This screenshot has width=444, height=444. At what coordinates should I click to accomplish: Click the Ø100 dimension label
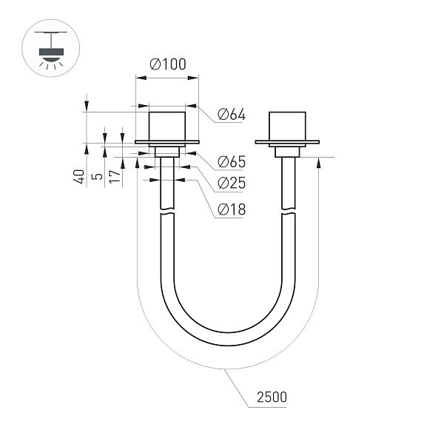pyautogui.click(x=167, y=64)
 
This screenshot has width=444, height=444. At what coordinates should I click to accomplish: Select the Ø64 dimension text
pyautogui.click(x=232, y=115)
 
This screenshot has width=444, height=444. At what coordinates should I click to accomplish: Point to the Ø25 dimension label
pyautogui.click(x=232, y=184)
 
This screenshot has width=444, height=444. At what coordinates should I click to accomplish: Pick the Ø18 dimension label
pyautogui.click(x=232, y=210)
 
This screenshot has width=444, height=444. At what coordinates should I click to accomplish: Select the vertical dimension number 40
pyautogui.click(x=78, y=177)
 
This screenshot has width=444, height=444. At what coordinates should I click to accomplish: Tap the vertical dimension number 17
pyautogui.click(x=113, y=177)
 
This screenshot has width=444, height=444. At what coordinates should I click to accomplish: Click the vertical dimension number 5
pyautogui.click(x=95, y=178)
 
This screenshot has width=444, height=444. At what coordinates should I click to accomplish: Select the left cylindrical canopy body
pyautogui.click(x=166, y=126)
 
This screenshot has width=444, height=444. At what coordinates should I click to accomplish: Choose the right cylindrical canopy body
pyautogui.click(x=286, y=126)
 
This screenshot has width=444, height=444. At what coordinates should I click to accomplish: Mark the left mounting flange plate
pyautogui.click(x=166, y=142)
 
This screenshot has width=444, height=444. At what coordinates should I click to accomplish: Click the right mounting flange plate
pyautogui.click(x=286, y=142)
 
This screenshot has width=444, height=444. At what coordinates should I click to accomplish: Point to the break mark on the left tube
pyautogui.click(x=167, y=214)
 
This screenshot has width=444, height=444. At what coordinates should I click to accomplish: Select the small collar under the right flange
pyautogui.click(x=286, y=152)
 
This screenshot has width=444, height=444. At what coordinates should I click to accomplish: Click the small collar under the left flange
pyautogui.click(x=166, y=152)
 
